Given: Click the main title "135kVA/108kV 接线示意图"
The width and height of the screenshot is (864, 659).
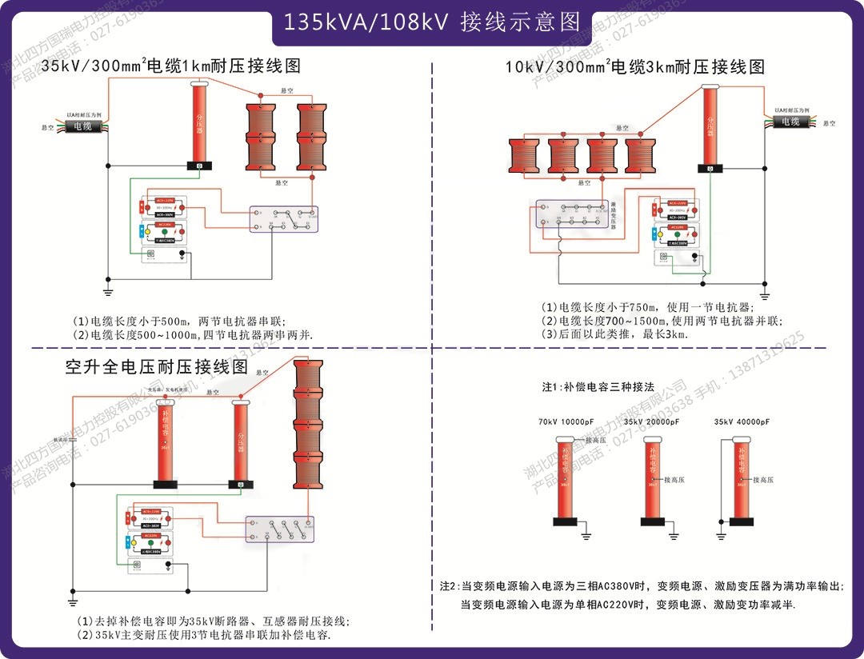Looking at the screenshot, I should click(x=432, y=22).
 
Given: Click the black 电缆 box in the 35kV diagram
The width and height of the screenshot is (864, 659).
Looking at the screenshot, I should click(x=83, y=126).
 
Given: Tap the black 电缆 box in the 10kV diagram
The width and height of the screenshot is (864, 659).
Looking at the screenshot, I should click(x=790, y=122).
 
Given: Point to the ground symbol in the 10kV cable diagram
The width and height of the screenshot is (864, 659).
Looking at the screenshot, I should click(x=764, y=296).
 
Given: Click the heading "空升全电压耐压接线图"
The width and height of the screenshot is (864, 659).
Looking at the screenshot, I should click(x=157, y=367).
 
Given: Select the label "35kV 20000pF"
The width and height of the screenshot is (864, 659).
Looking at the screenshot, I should click(x=657, y=421).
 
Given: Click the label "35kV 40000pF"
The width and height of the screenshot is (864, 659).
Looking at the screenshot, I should click(x=742, y=421).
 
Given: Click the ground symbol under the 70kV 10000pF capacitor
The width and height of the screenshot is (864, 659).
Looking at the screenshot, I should click(x=586, y=533).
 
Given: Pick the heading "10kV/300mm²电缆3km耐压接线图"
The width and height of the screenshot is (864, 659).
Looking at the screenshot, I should click(x=634, y=66).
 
